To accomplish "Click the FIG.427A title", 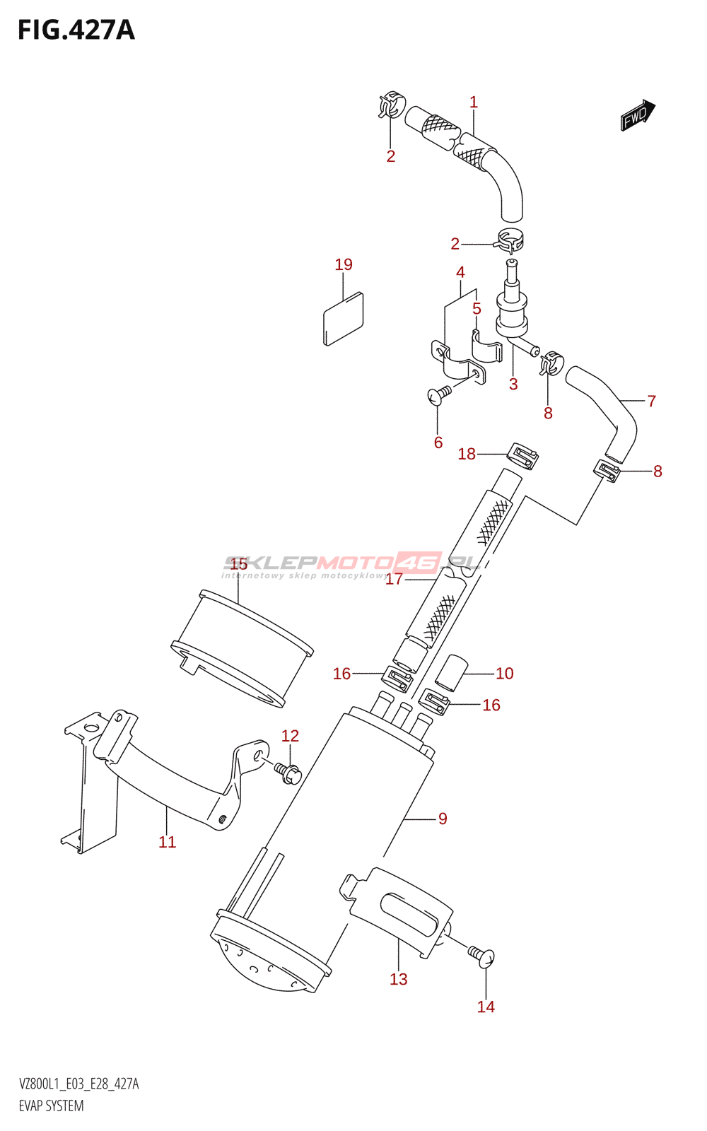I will pyautogui.click(x=76, y=30).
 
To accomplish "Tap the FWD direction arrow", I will pyautogui.click(x=638, y=115).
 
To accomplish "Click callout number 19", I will pyautogui.click(x=344, y=264).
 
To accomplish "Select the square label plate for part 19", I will pyautogui.click(x=344, y=318).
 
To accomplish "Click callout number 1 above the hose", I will pyautogui.click(x=474, y=102).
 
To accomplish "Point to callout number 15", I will pyautogui.click(x=239, y=563).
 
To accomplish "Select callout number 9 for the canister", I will pyautogui.click(x=443, y=819).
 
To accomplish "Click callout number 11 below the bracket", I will pyautogui.click(x=167, y=842).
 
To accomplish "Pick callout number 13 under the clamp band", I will pyautogui.click(x=399, y=979).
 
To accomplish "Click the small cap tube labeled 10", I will pyautogui.click(x=452, y=672).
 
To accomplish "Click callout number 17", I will pyautogui.click(x=394, y=579).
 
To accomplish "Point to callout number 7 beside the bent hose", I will pyautogui.click(x=652, y=401).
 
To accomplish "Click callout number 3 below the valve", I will pyautogui.click(x=513, y=384).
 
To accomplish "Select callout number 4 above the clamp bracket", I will pyautogui.click(x=460, y=272).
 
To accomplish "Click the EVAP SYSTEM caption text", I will pyautogui.click(x=51, y=1106).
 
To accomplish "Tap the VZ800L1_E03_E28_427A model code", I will pyautogui.click(x=79, y=1084).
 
